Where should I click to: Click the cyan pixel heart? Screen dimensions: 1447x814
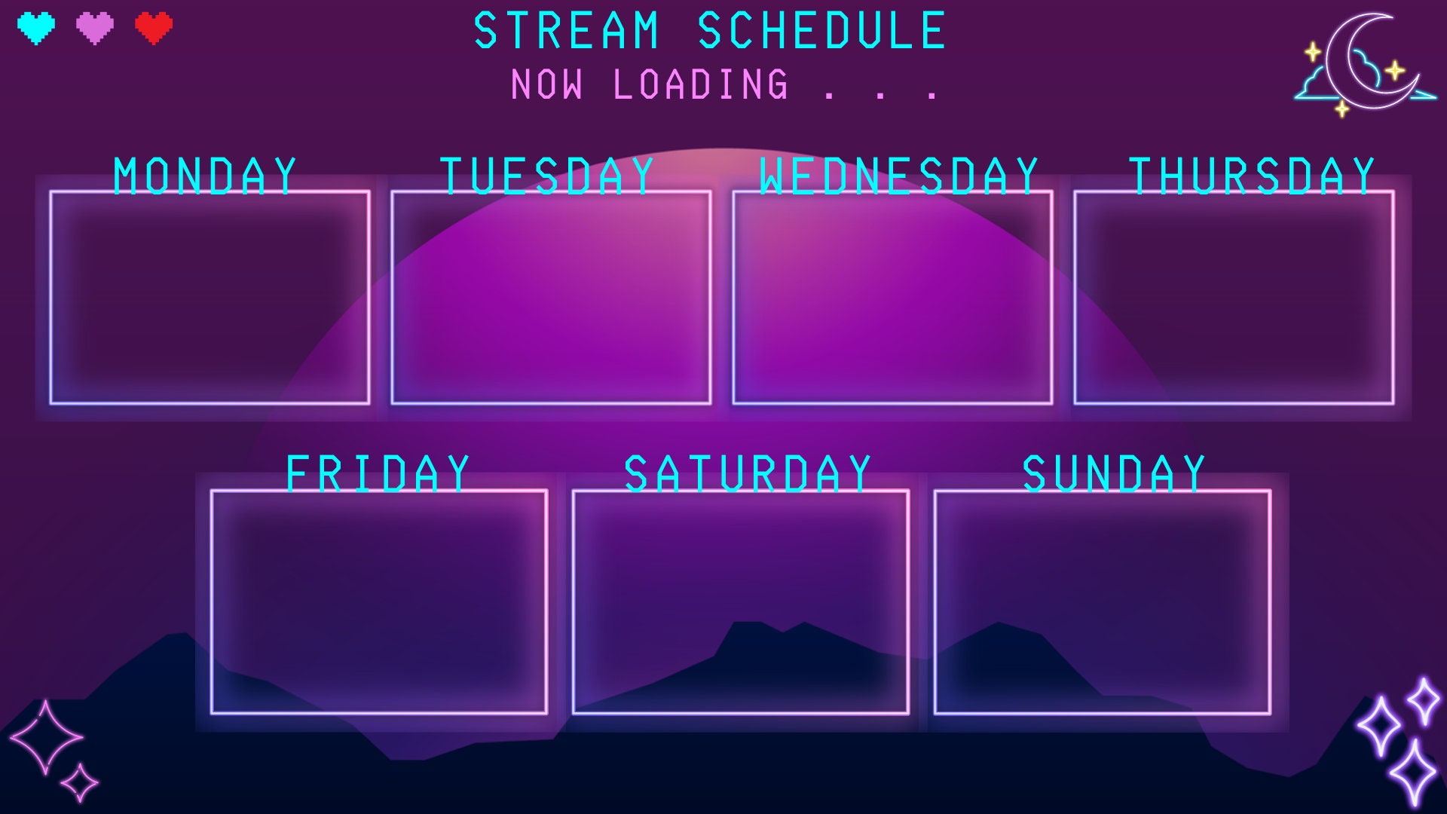pos(36,29)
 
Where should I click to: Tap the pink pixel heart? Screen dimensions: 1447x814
pos(95,29)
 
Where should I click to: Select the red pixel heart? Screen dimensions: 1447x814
pos(154,29)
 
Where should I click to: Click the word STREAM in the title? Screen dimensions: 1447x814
pos(567,31)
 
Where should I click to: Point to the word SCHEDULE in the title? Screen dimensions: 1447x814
pos(821,31)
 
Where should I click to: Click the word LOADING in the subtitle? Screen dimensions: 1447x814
pos(701,84)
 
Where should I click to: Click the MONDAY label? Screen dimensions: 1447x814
pos(205,176)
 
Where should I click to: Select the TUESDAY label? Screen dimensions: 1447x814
pos(547,176)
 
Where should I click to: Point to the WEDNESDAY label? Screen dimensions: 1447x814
pos(899,176)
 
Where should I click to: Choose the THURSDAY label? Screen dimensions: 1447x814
pos(1252,176)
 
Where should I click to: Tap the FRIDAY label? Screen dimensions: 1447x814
pos(378,474)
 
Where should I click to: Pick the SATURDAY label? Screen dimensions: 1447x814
pos(748,474)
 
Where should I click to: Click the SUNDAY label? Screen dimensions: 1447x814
pos(1114,474)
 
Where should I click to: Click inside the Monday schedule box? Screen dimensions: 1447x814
pos(210,298)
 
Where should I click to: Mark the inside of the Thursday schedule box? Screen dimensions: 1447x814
pos(1234,298)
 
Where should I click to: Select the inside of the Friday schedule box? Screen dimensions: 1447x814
pos(379,602)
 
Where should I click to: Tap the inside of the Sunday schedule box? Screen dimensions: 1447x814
pos(1103,602)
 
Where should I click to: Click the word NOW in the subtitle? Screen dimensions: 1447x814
pos(547,84)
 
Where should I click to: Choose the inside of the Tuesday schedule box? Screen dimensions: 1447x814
pos(551,298)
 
